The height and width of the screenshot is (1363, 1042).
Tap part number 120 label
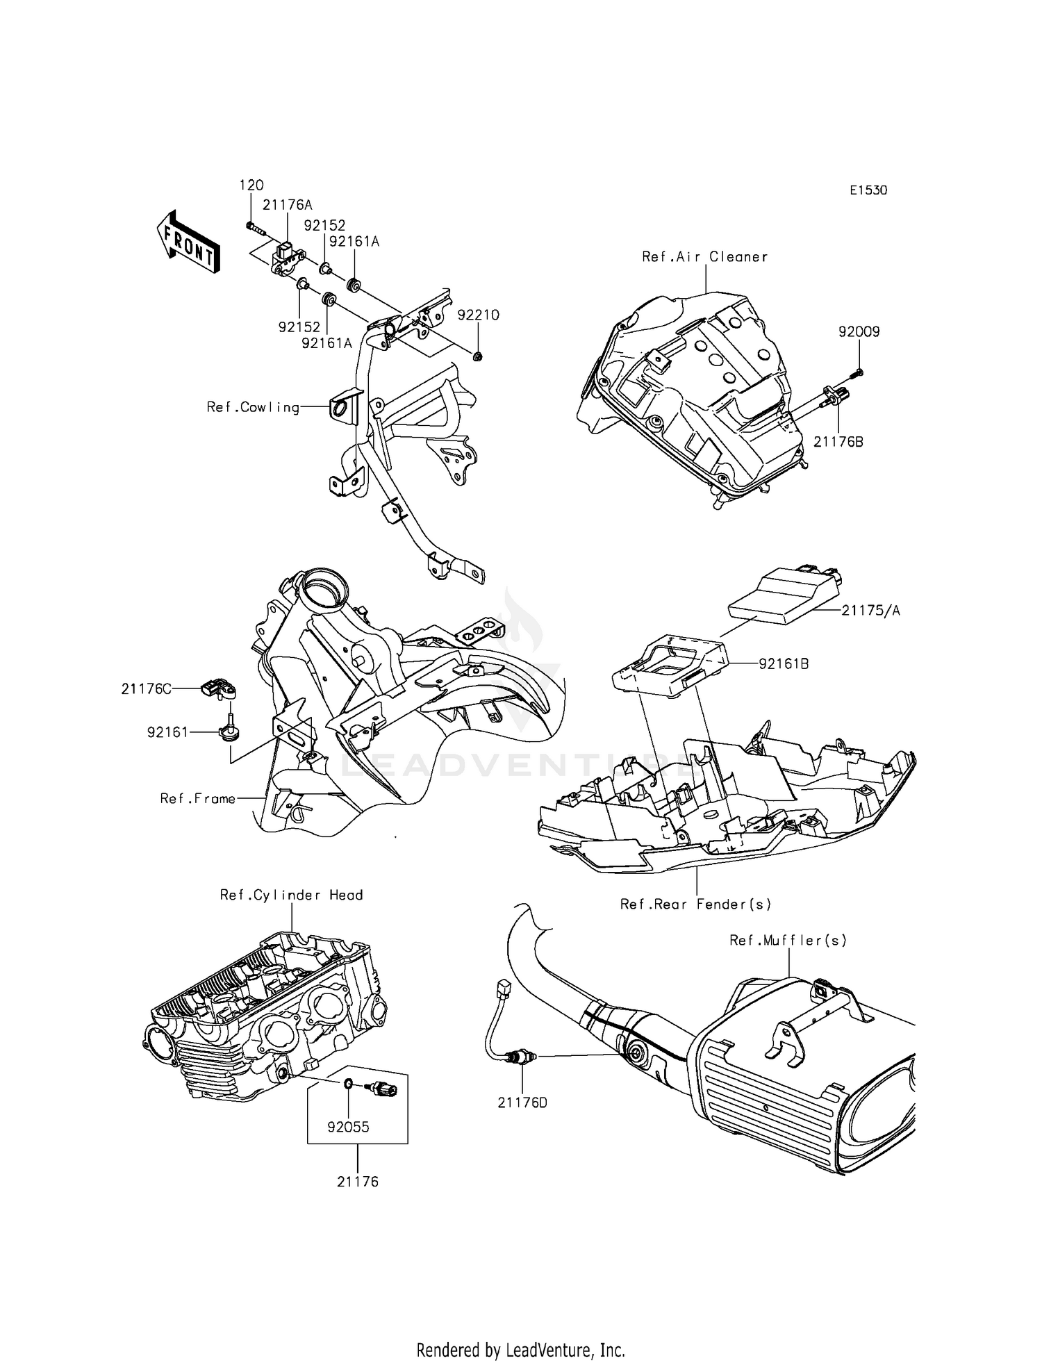[x=251, y=185]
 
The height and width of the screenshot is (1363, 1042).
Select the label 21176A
[x=287, y=205]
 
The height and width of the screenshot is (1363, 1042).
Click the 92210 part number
[x=478, y=315]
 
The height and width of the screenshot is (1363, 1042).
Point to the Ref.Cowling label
[x=253, y=407]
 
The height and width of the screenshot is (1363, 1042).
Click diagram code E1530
[x=868, y=190]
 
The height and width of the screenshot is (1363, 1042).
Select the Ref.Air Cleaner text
[x=704, y=257]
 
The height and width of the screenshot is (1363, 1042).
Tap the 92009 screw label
[x=859, y=332]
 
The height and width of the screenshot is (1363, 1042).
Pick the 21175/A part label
[x=870, y=611]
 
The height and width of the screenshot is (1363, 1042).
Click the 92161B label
[x=784, y=664]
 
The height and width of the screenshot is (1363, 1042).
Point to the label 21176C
[x=146, y=688]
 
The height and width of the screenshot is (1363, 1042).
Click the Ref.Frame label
[x=198, y=799]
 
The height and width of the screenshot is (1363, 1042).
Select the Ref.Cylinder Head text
[x=291, y=895]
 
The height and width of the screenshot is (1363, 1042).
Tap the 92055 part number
[x=348, y=1127]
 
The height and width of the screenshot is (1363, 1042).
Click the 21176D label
[x=522, y=1102]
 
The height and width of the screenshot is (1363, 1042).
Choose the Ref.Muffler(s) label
[x=788, y=940]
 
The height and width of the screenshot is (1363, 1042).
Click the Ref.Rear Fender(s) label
[x=695, y=904]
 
